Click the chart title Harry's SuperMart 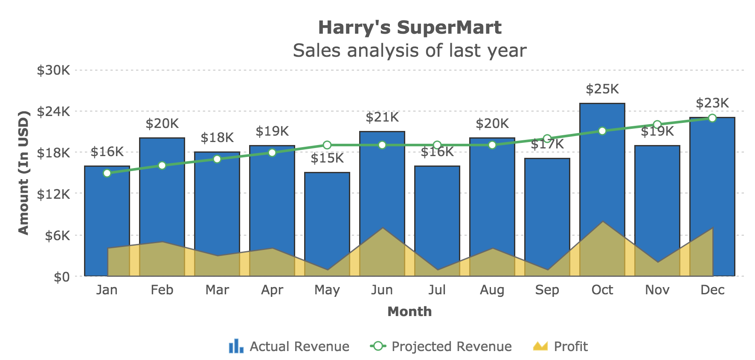409,28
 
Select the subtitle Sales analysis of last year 409,50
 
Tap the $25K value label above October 602,89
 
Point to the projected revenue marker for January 107,173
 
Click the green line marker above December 712,118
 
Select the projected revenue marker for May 327,145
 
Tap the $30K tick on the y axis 53,70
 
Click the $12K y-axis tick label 53,195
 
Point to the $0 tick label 61,277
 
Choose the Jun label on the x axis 382,290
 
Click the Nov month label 657,290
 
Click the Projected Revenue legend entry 441,346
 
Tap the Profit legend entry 560,346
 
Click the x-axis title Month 409,311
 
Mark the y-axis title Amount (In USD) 23,173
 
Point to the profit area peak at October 602,222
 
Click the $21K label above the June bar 382,117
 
